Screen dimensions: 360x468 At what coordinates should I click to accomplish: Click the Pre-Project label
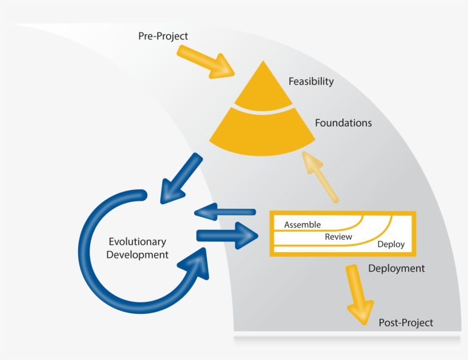tap(163, 36)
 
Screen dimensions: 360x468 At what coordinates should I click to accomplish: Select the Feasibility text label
tap(311, 82)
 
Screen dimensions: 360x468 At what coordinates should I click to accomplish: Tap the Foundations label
tap(343, 123)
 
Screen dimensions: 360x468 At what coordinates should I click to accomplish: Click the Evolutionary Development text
tap(138, 248)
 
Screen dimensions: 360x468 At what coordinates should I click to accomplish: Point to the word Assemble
tap(302, 225)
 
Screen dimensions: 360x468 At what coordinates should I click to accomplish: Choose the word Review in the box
tap(338, 237)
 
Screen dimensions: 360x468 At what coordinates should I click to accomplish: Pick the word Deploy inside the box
tap(391, 244)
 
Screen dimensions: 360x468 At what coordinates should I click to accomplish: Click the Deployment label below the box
tap(396, 268)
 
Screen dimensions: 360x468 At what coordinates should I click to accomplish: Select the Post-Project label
tap(406, 323)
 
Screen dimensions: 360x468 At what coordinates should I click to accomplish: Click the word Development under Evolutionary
tap(138, 255)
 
